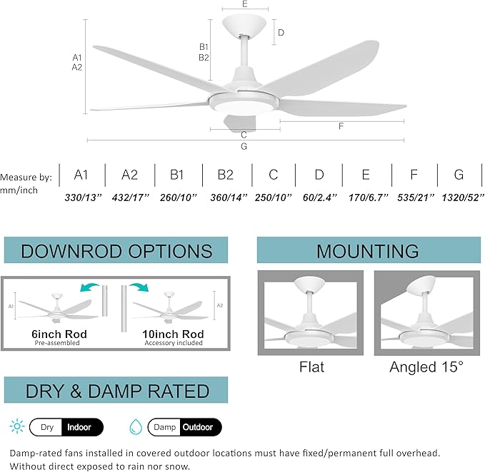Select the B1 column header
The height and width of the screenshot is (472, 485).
(177, 175)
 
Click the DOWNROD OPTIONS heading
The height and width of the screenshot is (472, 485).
(116, 251)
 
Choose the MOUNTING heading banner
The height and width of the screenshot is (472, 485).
(368, 251)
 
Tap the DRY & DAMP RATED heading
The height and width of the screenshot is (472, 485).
(116, 391)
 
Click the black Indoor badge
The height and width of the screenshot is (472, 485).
(82, 428)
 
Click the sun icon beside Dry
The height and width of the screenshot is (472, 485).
(16, 428)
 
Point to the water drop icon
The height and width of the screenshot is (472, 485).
(135, 428)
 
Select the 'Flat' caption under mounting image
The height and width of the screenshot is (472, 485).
(311, 367)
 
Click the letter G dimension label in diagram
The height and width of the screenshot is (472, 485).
(244, 147)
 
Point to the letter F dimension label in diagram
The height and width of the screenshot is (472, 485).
(341, 126)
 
